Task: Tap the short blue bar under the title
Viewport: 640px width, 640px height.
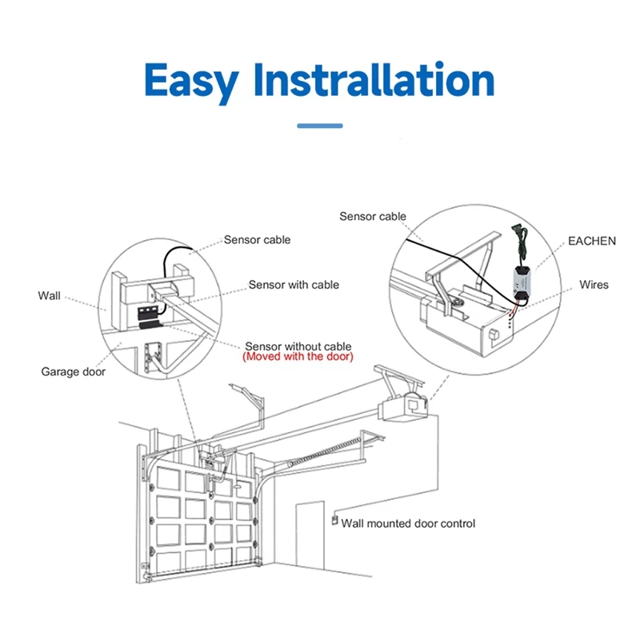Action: click(x=319, y=126)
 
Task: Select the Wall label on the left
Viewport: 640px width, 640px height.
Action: click(x=49, y=296)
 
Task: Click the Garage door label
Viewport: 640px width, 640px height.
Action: click(x=73, y=371)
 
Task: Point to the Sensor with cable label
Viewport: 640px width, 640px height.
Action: click(x=293, y=285)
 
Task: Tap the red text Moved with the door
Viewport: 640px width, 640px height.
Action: click(x=297, y=356)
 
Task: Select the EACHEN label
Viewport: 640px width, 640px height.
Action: click(x=591, y=241)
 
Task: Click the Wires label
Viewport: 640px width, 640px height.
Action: click(x=594, y=285)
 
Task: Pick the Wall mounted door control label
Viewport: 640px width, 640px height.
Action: click(x=408, y=524)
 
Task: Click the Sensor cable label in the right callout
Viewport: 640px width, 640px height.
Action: click(x=373, y=216)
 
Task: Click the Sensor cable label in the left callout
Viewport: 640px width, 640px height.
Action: click(x=257, y=240)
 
